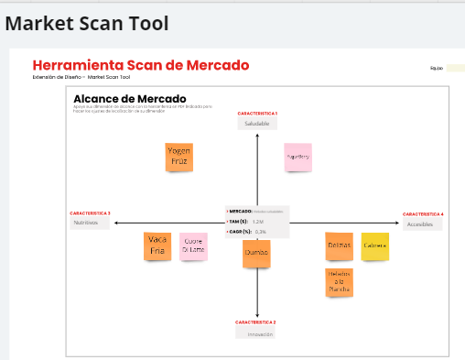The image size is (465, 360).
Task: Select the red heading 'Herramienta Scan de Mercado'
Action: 140,66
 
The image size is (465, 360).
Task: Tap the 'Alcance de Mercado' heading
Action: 129,99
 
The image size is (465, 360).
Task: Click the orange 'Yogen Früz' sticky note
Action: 178,157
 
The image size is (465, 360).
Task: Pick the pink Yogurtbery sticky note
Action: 297,157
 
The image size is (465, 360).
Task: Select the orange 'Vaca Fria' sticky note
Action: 157,246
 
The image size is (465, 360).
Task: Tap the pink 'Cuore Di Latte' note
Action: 193,246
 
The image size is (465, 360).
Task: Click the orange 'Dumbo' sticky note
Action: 256,252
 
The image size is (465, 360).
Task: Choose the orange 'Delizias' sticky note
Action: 339,246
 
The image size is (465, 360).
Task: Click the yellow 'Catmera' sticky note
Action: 374,246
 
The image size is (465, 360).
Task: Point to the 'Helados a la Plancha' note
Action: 339,282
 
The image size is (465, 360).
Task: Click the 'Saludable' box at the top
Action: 256,123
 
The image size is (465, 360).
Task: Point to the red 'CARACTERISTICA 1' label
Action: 257,114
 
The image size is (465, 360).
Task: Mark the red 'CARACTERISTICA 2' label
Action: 255,322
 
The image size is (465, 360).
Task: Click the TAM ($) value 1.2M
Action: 258,222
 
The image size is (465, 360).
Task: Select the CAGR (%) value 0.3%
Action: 261,232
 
